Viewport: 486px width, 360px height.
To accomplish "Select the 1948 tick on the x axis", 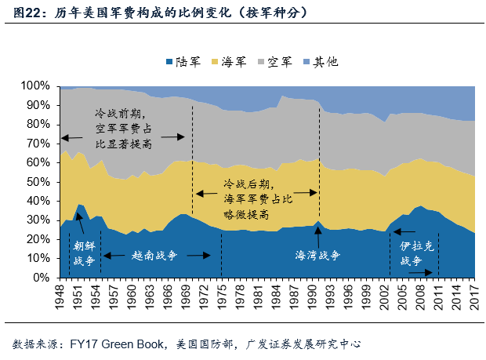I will [60, 298].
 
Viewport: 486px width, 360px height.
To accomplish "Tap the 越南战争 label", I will [154, 256].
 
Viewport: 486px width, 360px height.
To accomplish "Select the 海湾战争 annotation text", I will [317, 256].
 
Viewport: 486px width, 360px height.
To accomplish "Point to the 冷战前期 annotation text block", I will [124, 129].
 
